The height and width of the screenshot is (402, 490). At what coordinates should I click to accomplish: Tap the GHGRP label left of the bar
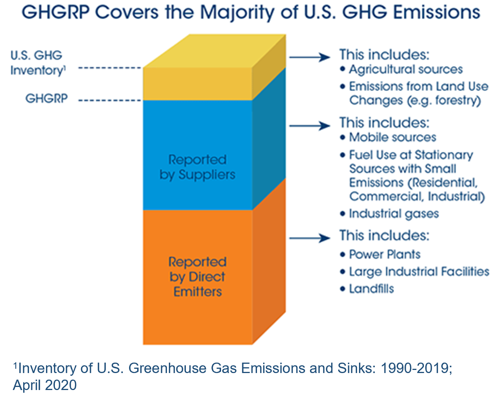46,98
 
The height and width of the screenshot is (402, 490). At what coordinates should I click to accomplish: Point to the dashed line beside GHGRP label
110,100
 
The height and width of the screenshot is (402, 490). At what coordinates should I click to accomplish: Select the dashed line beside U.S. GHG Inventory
110,68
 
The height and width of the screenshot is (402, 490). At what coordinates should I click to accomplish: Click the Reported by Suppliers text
197,167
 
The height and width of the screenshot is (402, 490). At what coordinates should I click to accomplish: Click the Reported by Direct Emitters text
197,276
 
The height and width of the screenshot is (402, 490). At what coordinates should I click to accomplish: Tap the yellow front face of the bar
197,84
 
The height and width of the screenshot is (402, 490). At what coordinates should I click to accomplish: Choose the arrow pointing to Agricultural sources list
309,57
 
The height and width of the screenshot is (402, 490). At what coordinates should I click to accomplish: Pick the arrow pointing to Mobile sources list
309,126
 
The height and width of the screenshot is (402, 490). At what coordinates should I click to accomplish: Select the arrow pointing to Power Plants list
309,238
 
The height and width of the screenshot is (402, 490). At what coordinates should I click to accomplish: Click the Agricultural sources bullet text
405,70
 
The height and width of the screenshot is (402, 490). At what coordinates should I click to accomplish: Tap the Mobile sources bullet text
392,137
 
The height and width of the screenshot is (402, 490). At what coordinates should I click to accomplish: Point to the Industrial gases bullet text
393,214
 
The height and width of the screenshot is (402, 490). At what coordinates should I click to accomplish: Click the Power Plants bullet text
385,254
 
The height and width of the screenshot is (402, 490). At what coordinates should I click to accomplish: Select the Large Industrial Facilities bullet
419,271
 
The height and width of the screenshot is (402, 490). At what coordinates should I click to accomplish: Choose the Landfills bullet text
371,289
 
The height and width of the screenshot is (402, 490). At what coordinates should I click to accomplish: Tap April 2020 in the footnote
45,385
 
